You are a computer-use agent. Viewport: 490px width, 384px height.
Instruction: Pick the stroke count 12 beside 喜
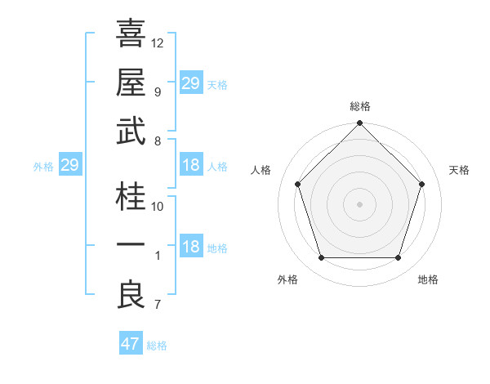pos(158,42)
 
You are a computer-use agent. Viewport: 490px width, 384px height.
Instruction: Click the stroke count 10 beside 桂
pos(158,207)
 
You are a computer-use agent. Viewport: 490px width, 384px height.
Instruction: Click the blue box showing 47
pos(131,344)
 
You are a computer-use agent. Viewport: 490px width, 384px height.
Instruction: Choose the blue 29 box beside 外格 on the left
pos(69,166)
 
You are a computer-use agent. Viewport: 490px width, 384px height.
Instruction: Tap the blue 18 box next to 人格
pos(191,166)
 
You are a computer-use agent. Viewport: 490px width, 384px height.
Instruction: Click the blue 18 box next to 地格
pos(191,248)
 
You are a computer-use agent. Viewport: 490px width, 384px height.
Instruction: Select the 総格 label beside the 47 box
pos(157,346)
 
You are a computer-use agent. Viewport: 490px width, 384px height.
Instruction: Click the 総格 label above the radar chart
pos(359,106)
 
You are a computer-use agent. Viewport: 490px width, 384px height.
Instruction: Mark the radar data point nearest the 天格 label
pos(421,184)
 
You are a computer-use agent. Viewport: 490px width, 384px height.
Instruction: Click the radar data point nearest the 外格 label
pos(321,258)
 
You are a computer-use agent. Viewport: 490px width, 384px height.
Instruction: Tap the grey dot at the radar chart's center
pos(359,203)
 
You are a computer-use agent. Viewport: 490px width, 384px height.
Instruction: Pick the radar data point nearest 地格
pos(398,258)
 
